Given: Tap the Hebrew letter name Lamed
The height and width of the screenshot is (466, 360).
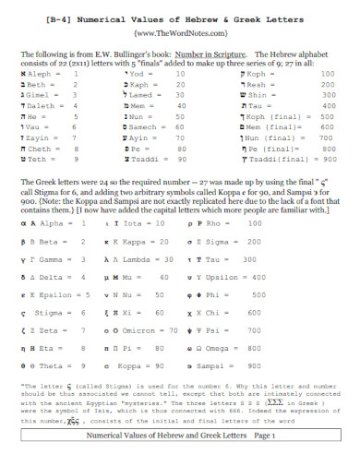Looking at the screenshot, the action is (143, 95).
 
